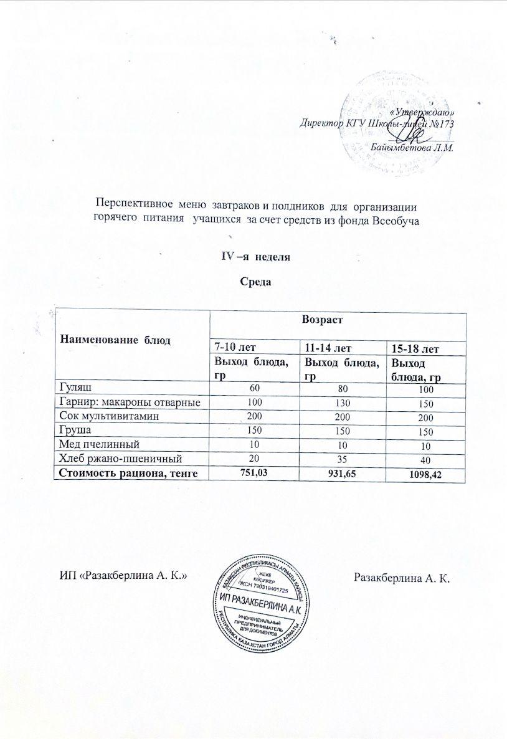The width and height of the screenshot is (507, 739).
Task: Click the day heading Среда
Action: [254, 282]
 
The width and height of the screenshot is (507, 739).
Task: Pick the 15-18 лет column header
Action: [412, 346]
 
